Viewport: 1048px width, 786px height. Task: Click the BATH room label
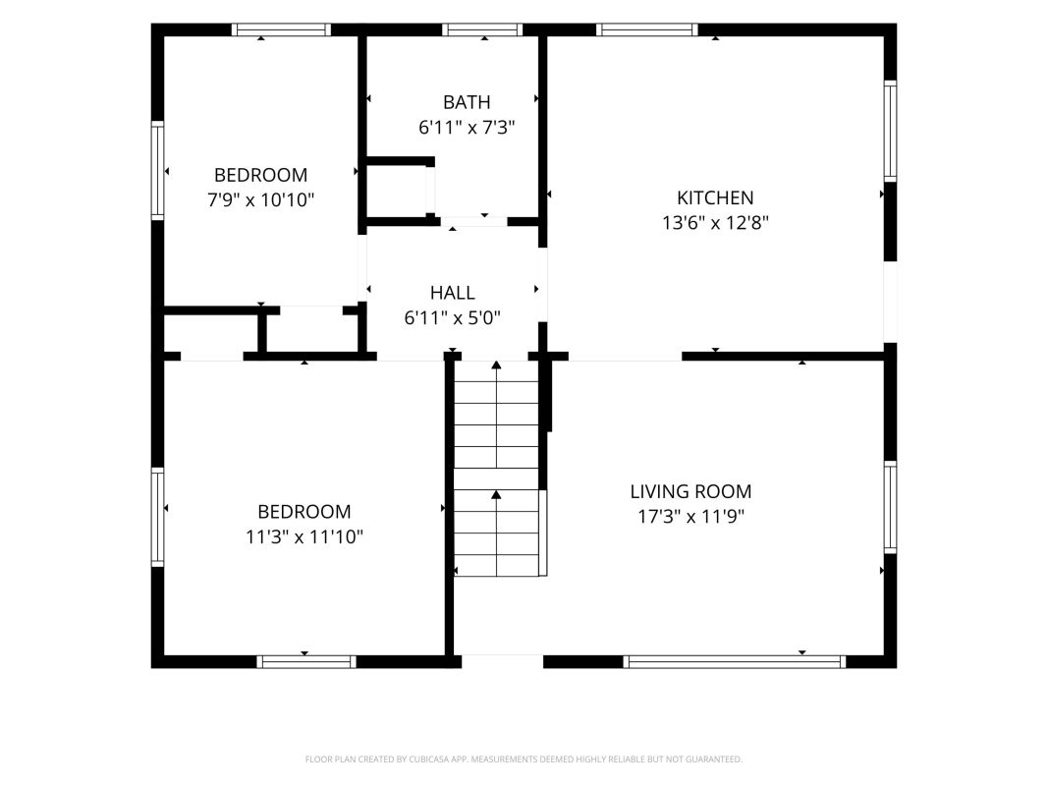(x=467, y=102)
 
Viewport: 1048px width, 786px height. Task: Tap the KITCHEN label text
(x=715, y=197)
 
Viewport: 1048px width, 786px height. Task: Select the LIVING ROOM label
(x=690, y=492)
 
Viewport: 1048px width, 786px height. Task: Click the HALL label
(x=453, y=293)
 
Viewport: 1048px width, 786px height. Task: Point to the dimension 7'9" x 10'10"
(x=260, y=199)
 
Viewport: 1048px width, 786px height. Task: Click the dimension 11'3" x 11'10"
(x=304, y=536)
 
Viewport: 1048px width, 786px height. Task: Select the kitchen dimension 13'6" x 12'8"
(x=715, y=223)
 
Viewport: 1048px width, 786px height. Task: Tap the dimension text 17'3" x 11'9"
(x=690, y=517)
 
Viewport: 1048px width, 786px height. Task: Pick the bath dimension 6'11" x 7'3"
(x=467, y=127)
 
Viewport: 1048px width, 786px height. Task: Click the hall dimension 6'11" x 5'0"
(x=453, y=317)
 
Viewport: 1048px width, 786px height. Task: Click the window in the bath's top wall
(x=482, y=29)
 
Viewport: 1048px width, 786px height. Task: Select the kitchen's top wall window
(x=647, y=29)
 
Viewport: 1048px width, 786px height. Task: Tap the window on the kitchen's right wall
(x=890, y=131)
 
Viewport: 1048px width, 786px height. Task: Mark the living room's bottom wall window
(x=735, y=661)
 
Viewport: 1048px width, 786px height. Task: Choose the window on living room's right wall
(x=890, y=507)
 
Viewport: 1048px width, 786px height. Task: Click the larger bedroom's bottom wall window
(x=306, y=661)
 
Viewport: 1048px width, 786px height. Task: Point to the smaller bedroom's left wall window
(x=158, y=170)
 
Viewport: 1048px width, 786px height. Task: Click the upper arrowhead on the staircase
(x=496, y=365)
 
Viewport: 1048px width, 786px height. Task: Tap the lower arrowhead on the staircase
(x=496, y=494)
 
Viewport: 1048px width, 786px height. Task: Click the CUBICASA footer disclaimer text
(x=524, y=759)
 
